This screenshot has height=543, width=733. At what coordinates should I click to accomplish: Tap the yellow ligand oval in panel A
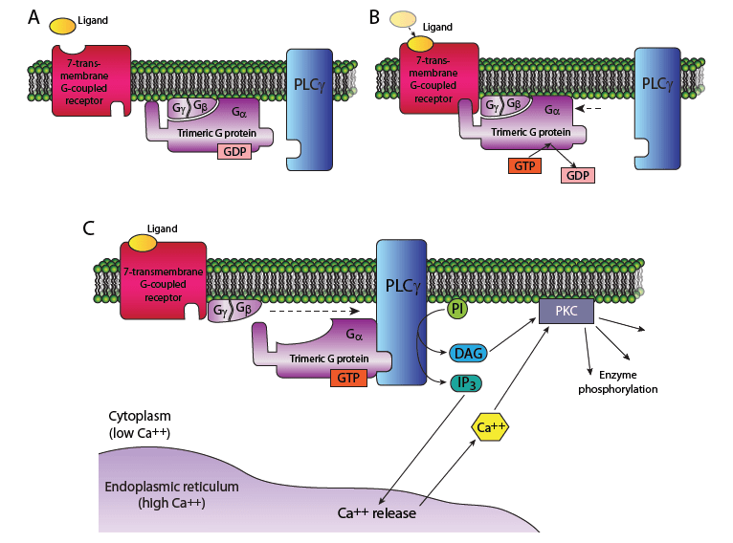pos(65,28)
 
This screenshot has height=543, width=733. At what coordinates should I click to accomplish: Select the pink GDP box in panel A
pos(234,151)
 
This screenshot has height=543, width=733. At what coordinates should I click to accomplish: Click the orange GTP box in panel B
pos(524,165)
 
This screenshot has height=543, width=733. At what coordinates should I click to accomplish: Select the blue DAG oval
pos(467,355)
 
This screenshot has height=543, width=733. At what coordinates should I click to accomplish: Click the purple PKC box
pos(566,313)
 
